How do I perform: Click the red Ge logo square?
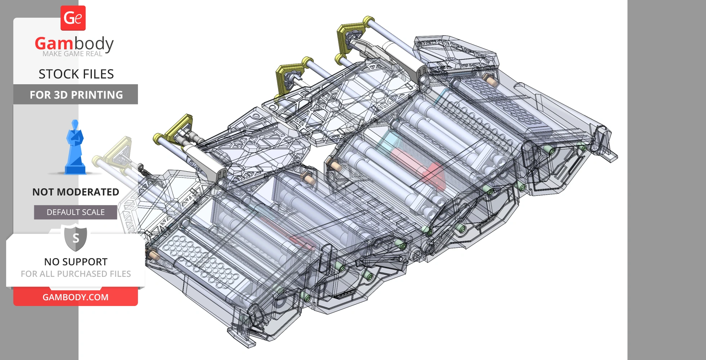pyautogui.click(x=73, y=18)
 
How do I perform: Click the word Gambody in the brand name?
pyautogui.click(x=74, y=44)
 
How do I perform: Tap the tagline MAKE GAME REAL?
pyautogui.click(x=72, y=54)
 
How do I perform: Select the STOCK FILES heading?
pyautogui.click(x=76, y=74)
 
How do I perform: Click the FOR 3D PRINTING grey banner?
pyautogui.click(x=76, y=94)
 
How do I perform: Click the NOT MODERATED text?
pyautogui.click(x=76, y=192)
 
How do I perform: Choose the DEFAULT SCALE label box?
pyautogui.click(x=76, y=212)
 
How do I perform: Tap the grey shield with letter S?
pyautogui.click(x=76, y=238)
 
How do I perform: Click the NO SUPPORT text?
pyautogui.click(x=76, y=262)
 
